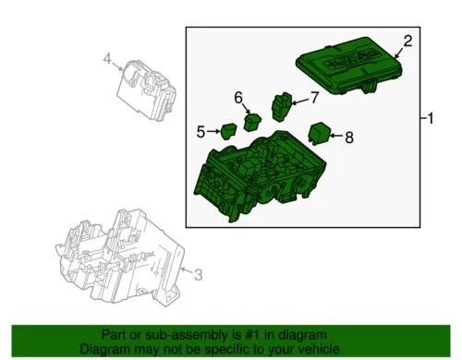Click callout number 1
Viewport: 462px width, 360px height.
pos(430,119)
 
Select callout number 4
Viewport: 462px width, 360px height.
pos(107,61)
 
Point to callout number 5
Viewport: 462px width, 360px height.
pos(201,132)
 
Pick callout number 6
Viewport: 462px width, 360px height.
pos(238,98)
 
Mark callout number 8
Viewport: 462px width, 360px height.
pos(348,138)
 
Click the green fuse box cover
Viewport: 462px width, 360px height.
pos(348,67)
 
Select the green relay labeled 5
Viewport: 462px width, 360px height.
pos(228,130)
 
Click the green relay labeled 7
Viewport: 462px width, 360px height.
pos(281,105)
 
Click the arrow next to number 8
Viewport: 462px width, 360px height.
pos(336,138)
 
